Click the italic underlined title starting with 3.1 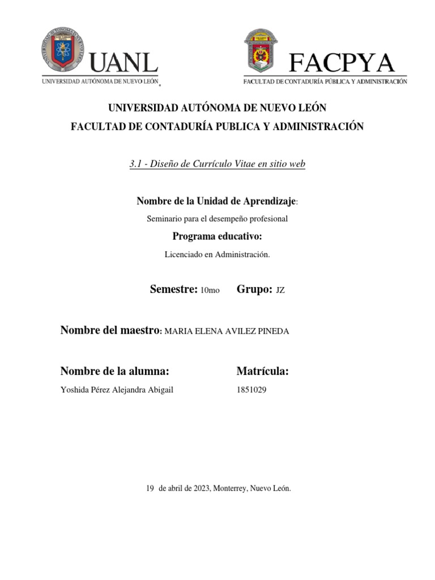217,164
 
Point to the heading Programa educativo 217,236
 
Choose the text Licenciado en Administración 217,255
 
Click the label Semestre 173,289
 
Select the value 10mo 210,291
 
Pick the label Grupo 255,289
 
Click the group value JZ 280,291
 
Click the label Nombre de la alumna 115,371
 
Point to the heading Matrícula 263,371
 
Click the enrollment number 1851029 251,389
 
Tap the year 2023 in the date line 199,488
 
